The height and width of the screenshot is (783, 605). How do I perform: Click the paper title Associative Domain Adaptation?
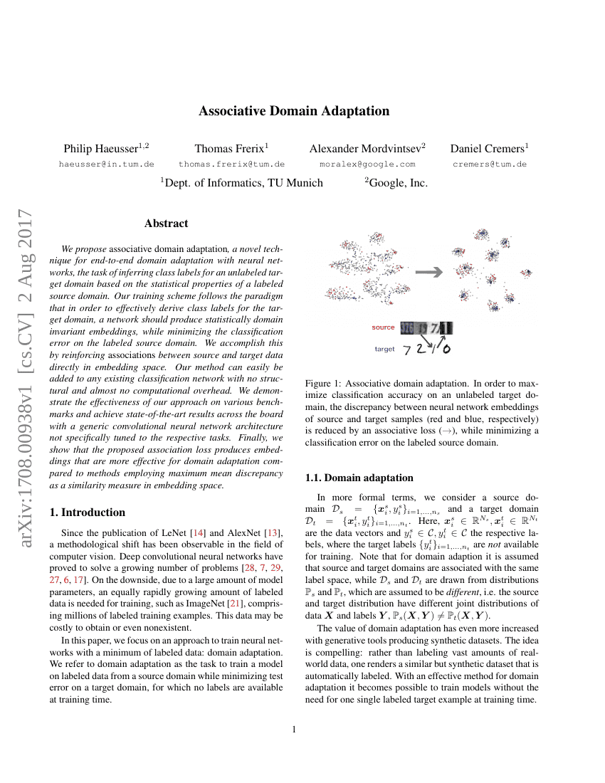pyautogui.click(x=294, y=111)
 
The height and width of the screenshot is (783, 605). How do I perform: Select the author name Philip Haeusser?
pyautogui.click(x=104, y=148)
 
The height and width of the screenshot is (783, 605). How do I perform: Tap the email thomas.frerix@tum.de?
pyautogui.click(x=231, y=164)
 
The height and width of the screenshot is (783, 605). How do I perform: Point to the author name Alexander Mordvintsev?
pyautogui.click(x=364, y=148)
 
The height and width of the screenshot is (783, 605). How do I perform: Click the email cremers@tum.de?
pyautogui.click(x=490, y=164)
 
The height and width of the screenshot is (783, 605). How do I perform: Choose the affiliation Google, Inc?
pyautogui.click(x=398, y=183)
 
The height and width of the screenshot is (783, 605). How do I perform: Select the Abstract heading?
pyautogui.click(x=166, y=224)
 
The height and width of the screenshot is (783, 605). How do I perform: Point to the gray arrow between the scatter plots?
pyautogui.click(x=428, y=271)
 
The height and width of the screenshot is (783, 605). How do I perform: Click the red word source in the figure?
pyautogui.click(x=383, y=327)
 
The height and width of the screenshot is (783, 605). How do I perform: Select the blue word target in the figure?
pyautogui.click(x=384, y=350)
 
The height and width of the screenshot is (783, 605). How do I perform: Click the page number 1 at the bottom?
pyautogui.click(x=294, y=729)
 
